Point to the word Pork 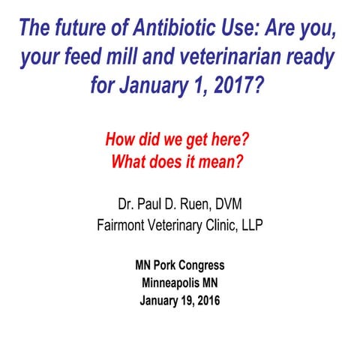click(165, 265)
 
